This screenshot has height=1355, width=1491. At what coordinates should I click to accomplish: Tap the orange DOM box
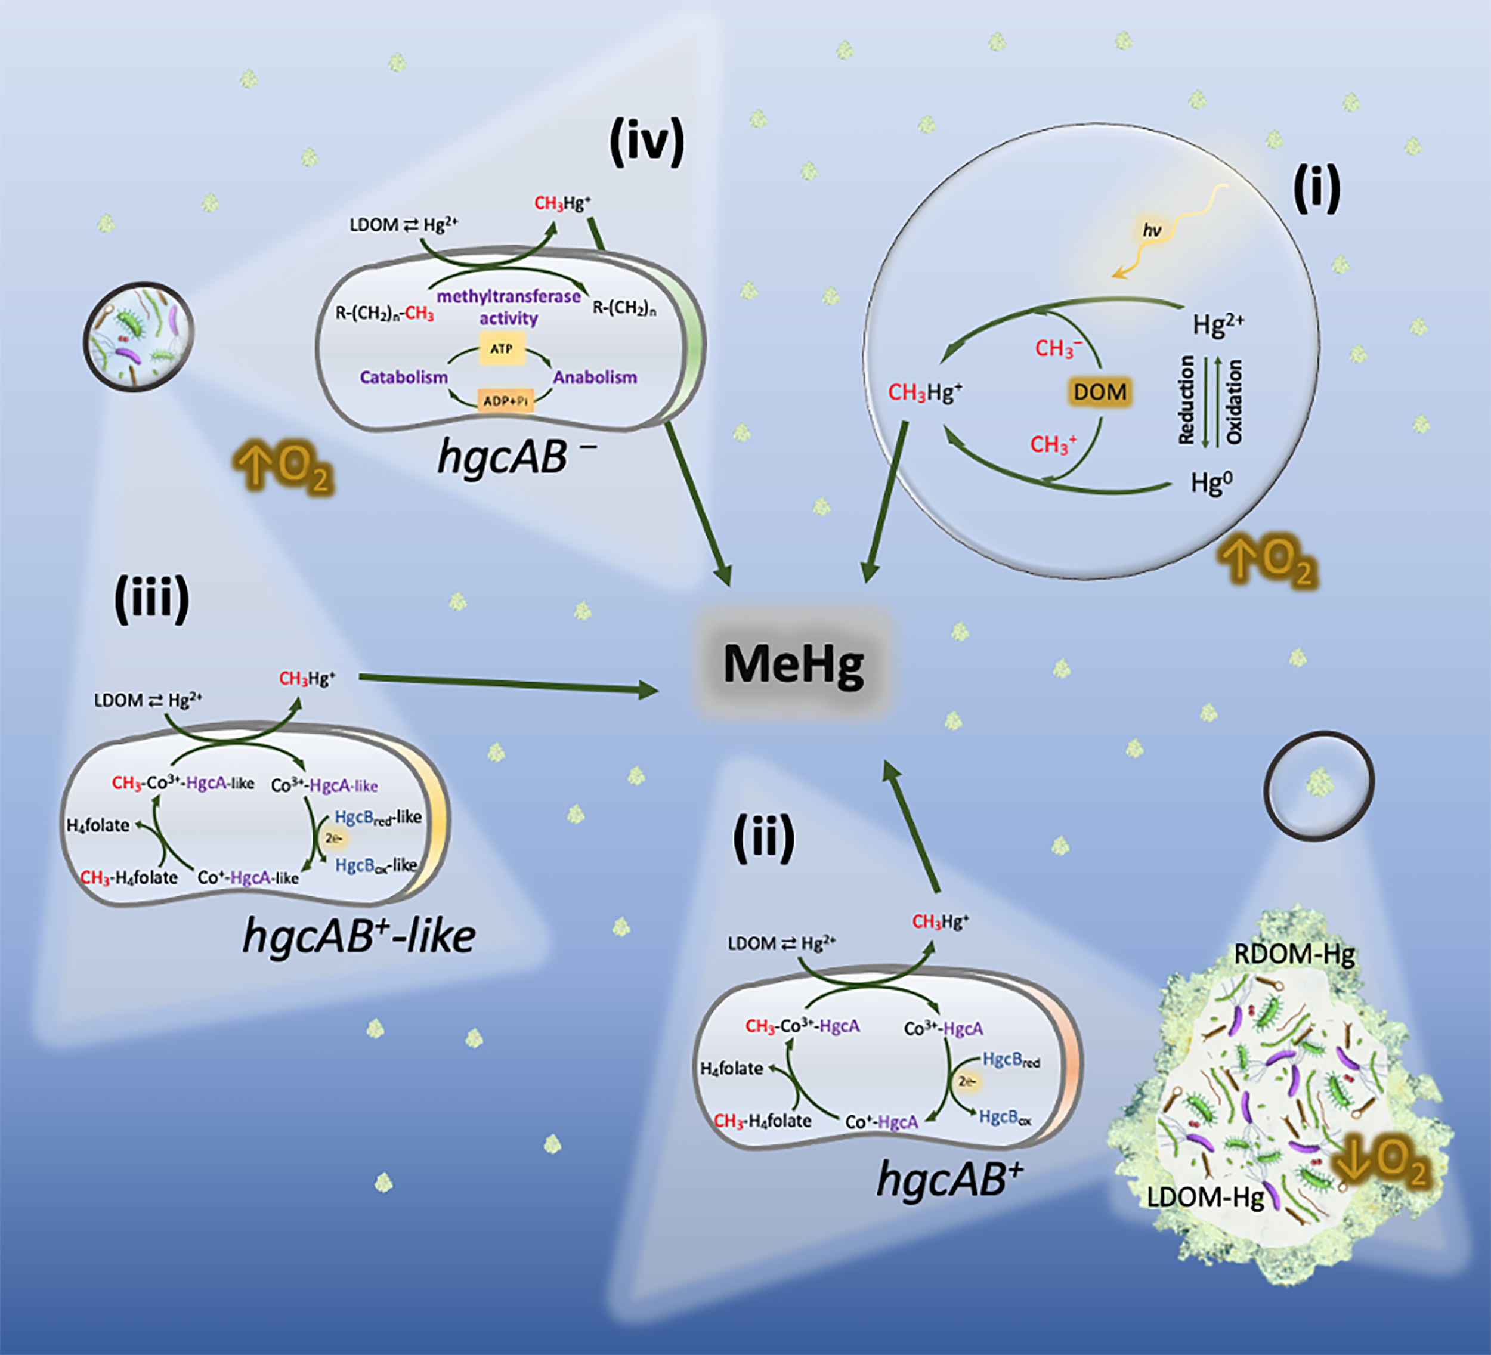[x=1100, y=392]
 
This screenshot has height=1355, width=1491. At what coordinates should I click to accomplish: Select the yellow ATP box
[x=502, y=348]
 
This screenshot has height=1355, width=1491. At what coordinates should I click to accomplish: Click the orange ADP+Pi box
[x=506, y=401]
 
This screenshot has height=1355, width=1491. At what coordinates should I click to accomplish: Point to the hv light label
[x=1152, y=231]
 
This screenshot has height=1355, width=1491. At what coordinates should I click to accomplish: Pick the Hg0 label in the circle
[x=1211, y=483]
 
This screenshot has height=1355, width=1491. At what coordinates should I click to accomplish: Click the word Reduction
[x=1186, y=400]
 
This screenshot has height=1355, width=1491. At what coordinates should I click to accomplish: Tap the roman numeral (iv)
[x=646, y=143]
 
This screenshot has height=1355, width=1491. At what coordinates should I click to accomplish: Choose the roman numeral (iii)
[x=151, y=599]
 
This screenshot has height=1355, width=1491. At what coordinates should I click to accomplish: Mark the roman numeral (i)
[x=1316, y=189]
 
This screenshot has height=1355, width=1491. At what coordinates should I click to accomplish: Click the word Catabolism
[x=404, y=377]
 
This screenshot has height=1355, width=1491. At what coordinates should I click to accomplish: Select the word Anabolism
[x=595, y=377]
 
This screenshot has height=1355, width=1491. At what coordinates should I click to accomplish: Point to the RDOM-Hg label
[x=1294, y=954]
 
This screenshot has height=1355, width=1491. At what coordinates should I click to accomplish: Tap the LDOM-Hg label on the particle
[x=1205, y=1197]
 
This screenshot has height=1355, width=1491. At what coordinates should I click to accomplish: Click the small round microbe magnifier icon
[x=138, y=336]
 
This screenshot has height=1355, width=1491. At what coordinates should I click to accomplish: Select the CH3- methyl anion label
[x=1057, y=348]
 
